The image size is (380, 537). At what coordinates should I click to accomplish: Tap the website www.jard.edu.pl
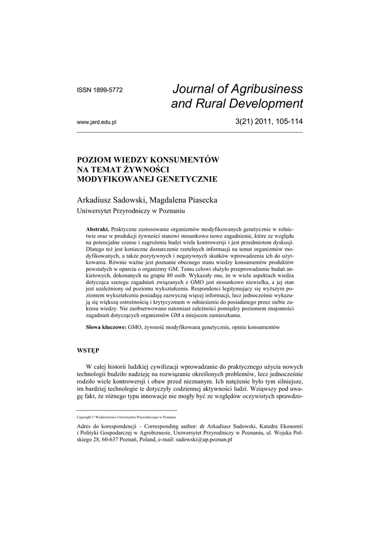pos(96,122)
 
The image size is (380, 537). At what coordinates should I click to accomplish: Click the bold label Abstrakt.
pos(98,230)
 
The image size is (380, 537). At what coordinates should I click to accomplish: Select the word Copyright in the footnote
pos(84,417)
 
